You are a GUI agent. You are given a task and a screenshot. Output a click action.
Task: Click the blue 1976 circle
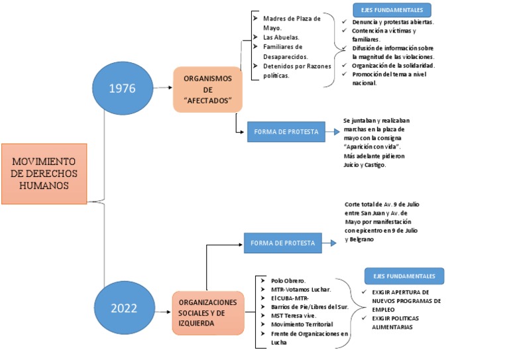point(122,88)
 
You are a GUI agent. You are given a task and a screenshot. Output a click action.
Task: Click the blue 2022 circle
point(124,308)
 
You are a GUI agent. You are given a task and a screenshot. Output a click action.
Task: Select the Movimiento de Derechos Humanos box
point(44,173)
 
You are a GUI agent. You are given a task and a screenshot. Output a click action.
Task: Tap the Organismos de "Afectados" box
point(208,89)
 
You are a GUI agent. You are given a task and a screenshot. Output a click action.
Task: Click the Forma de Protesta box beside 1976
point(286,132)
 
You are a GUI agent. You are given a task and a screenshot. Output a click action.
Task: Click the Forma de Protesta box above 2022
point(283,243)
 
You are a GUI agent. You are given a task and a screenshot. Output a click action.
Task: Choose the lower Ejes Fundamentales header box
point(404,276)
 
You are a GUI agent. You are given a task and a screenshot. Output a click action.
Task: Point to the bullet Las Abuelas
point(280,38)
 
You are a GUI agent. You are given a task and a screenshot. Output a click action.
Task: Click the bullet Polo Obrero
point(288,280)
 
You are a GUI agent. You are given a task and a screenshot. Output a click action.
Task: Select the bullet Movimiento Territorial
point(302,324)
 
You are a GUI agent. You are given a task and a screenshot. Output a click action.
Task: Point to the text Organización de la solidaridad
point(393,66)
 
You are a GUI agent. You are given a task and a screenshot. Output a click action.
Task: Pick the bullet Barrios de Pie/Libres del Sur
point(308,307)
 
